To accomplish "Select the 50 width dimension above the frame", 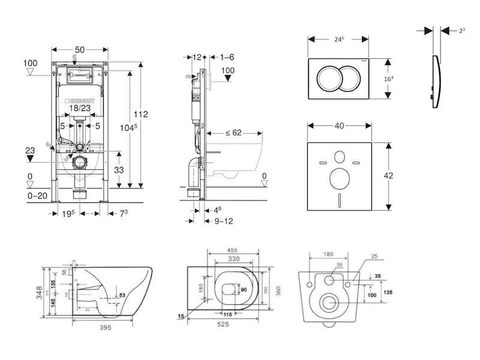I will point(80,50).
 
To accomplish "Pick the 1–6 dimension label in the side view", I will point(226,57).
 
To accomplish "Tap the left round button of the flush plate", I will point(328,77).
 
